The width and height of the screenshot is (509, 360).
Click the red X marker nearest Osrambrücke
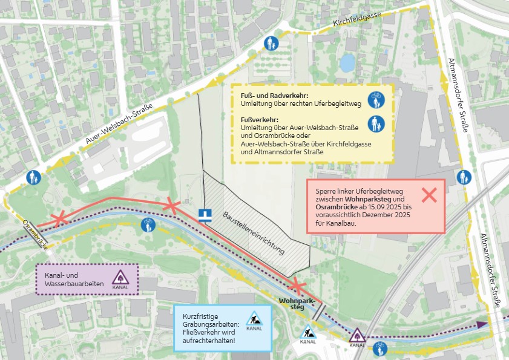point(59,220)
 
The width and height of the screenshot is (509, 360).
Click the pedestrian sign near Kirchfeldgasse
point(271,44)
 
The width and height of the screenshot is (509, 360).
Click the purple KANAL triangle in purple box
point(120,278)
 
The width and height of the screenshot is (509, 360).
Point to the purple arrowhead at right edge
point(482,324)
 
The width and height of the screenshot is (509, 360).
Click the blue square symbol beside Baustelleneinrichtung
point(206,214)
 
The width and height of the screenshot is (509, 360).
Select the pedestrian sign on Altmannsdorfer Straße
point(465,177)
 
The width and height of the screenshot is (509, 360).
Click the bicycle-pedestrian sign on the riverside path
point(148,226)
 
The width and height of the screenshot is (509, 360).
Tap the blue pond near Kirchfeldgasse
point(347,61)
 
